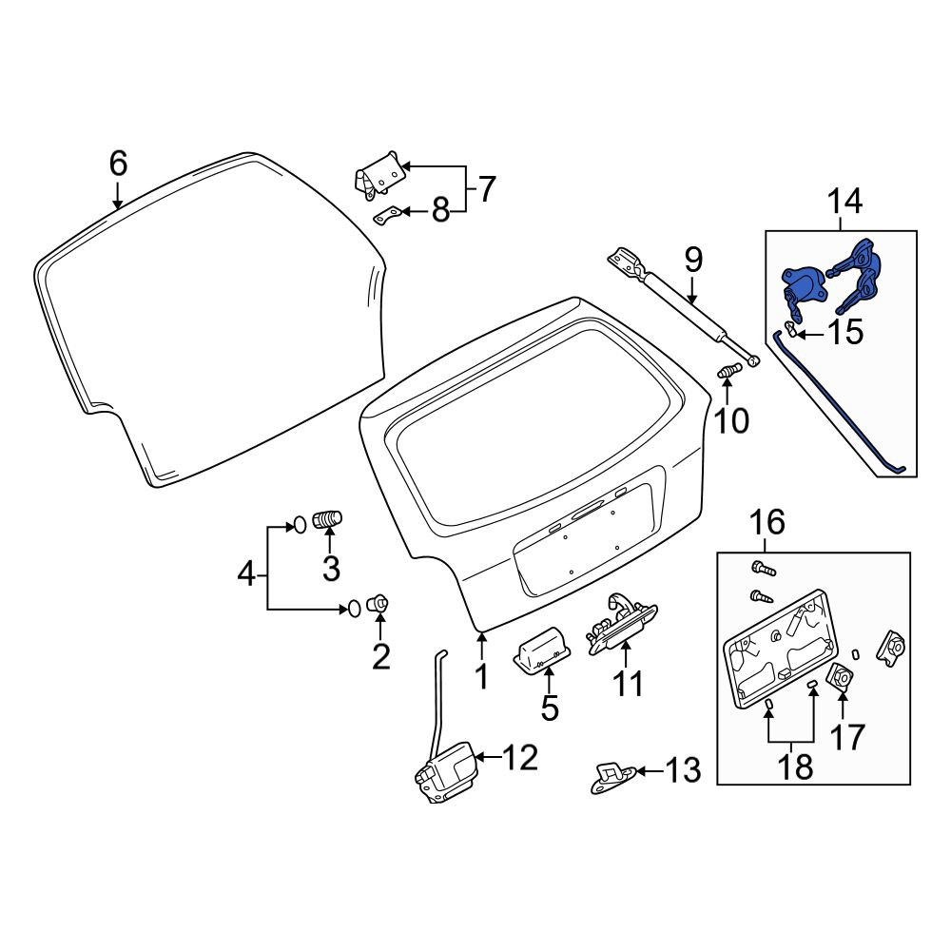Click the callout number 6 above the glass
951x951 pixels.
click(118, 164)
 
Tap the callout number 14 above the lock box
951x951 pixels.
click(844, 201)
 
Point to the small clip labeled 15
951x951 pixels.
click(791, 329)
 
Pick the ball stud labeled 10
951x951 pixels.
click(729, 370)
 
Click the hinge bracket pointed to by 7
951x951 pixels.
click(380, 175)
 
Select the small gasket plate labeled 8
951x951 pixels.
click(387, 215)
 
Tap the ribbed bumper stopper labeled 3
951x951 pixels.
click(327, 520)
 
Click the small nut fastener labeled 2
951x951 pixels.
click(378, 604)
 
